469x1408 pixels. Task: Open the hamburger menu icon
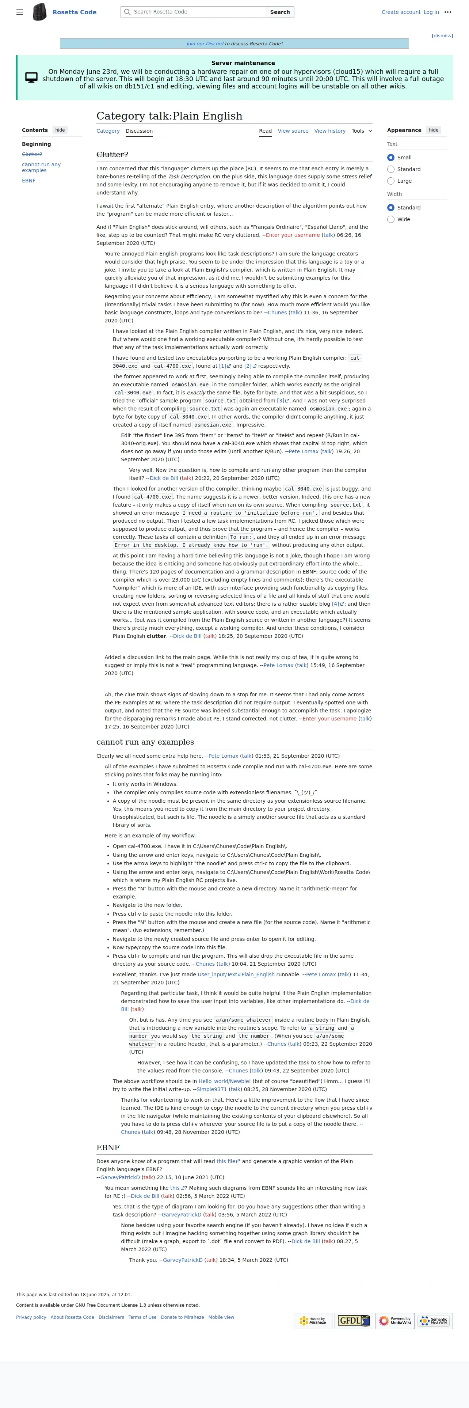(x=20, y=12)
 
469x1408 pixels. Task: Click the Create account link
(x=401, y=12)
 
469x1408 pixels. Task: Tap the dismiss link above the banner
(x=442, y=35)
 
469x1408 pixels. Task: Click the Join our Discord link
(x=205, y=44)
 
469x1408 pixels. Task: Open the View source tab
(x=293, y=131)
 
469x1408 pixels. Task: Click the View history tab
(x=330, y=131)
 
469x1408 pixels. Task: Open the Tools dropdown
(x=362, y=131)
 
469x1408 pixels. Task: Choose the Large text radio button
(x=391, y=181)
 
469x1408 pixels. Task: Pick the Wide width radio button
(x=391, y=219)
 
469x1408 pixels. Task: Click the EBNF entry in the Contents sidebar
(x=28, y=180)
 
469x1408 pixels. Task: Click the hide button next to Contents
(x=60, y=130)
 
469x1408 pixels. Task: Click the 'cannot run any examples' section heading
(x=145, y=742)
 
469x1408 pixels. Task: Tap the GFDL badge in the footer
(x=354, y=1321)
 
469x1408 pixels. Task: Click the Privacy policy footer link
(x=31, y=1317)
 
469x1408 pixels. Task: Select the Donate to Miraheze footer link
(x=182, y=1317)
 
